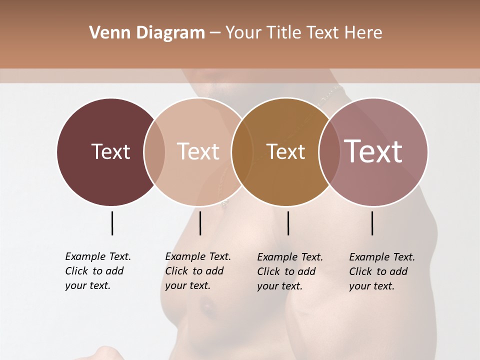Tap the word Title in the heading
288,33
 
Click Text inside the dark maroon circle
110,151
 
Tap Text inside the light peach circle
198,151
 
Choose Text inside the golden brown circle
285,151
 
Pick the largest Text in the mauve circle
373,151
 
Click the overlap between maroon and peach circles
154,152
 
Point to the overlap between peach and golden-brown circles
242,152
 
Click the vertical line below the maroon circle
112,223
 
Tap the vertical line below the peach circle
200,223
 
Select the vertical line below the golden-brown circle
288,223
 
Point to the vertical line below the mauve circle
372,223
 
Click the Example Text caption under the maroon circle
97,271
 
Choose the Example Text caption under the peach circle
197,271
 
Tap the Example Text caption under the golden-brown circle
289,271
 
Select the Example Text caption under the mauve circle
381,271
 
